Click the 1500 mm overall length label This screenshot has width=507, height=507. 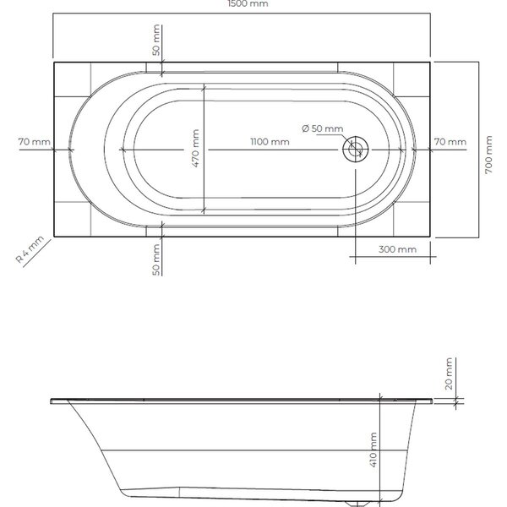(x=248, y=4)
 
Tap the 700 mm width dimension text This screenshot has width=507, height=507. (x=488, y=155)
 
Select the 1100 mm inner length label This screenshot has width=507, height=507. (x=270, y=142)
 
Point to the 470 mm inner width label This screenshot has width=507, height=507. (x=196, y=148)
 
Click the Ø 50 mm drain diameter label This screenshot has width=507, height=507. (x=323, y=128)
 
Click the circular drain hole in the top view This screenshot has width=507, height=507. (x=356, y=149)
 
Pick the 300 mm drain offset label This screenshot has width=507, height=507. (x=397, y=249)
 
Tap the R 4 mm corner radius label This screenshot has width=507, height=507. (x=30, y=249)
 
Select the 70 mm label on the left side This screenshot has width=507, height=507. (x=35, y=142)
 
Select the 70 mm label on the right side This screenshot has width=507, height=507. (x=450, y=142)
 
